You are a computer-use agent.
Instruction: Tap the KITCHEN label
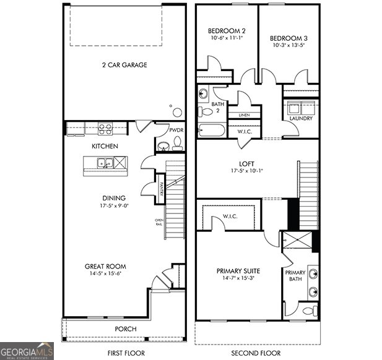coord(106,147)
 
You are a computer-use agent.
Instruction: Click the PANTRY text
coord(160,186)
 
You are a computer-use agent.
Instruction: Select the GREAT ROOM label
coord(106,267)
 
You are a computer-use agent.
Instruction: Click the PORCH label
coord(126,328)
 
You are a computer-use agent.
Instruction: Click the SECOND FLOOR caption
coord(256,353)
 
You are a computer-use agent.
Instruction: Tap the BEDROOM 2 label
coord(227,31)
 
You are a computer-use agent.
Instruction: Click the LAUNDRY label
coord(301,118)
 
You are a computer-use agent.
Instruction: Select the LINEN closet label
coord(244,115)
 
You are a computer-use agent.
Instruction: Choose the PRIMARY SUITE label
coord(238,271)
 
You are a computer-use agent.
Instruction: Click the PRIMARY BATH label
coord(295,276)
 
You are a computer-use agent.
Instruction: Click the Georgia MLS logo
coord(27,351)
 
